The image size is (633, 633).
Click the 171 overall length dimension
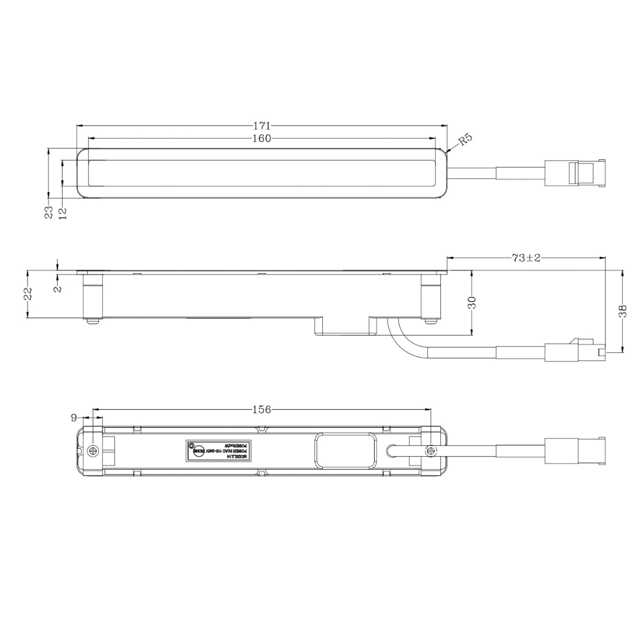(262, 125)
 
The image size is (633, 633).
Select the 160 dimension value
(262, 138)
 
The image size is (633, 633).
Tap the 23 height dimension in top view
(49, 212)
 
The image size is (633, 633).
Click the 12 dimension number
(63, 212)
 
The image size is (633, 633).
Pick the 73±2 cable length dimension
(526, 258)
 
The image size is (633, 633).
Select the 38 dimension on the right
(622, 311)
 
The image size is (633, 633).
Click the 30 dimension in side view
(472, 303)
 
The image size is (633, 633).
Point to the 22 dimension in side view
(28, 293)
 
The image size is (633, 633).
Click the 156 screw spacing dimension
(262, 410)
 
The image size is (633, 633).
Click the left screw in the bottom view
(94, 451)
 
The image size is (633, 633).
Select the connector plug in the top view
(574, 173)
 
